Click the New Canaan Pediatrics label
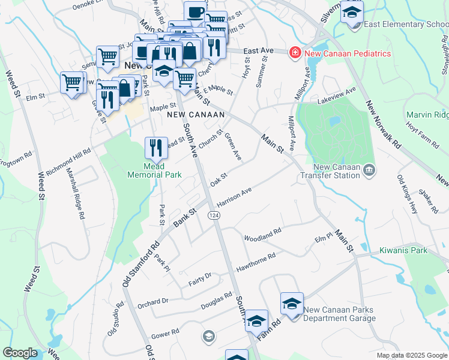[348, 53]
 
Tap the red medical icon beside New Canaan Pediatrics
[295, 53]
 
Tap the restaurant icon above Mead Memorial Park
[155, 146]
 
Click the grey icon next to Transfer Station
[370, 171]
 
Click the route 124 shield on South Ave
[213, 215]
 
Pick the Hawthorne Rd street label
[256, 260]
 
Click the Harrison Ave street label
[234, 198]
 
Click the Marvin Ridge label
[427, 115]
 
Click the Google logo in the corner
[20, 353]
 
